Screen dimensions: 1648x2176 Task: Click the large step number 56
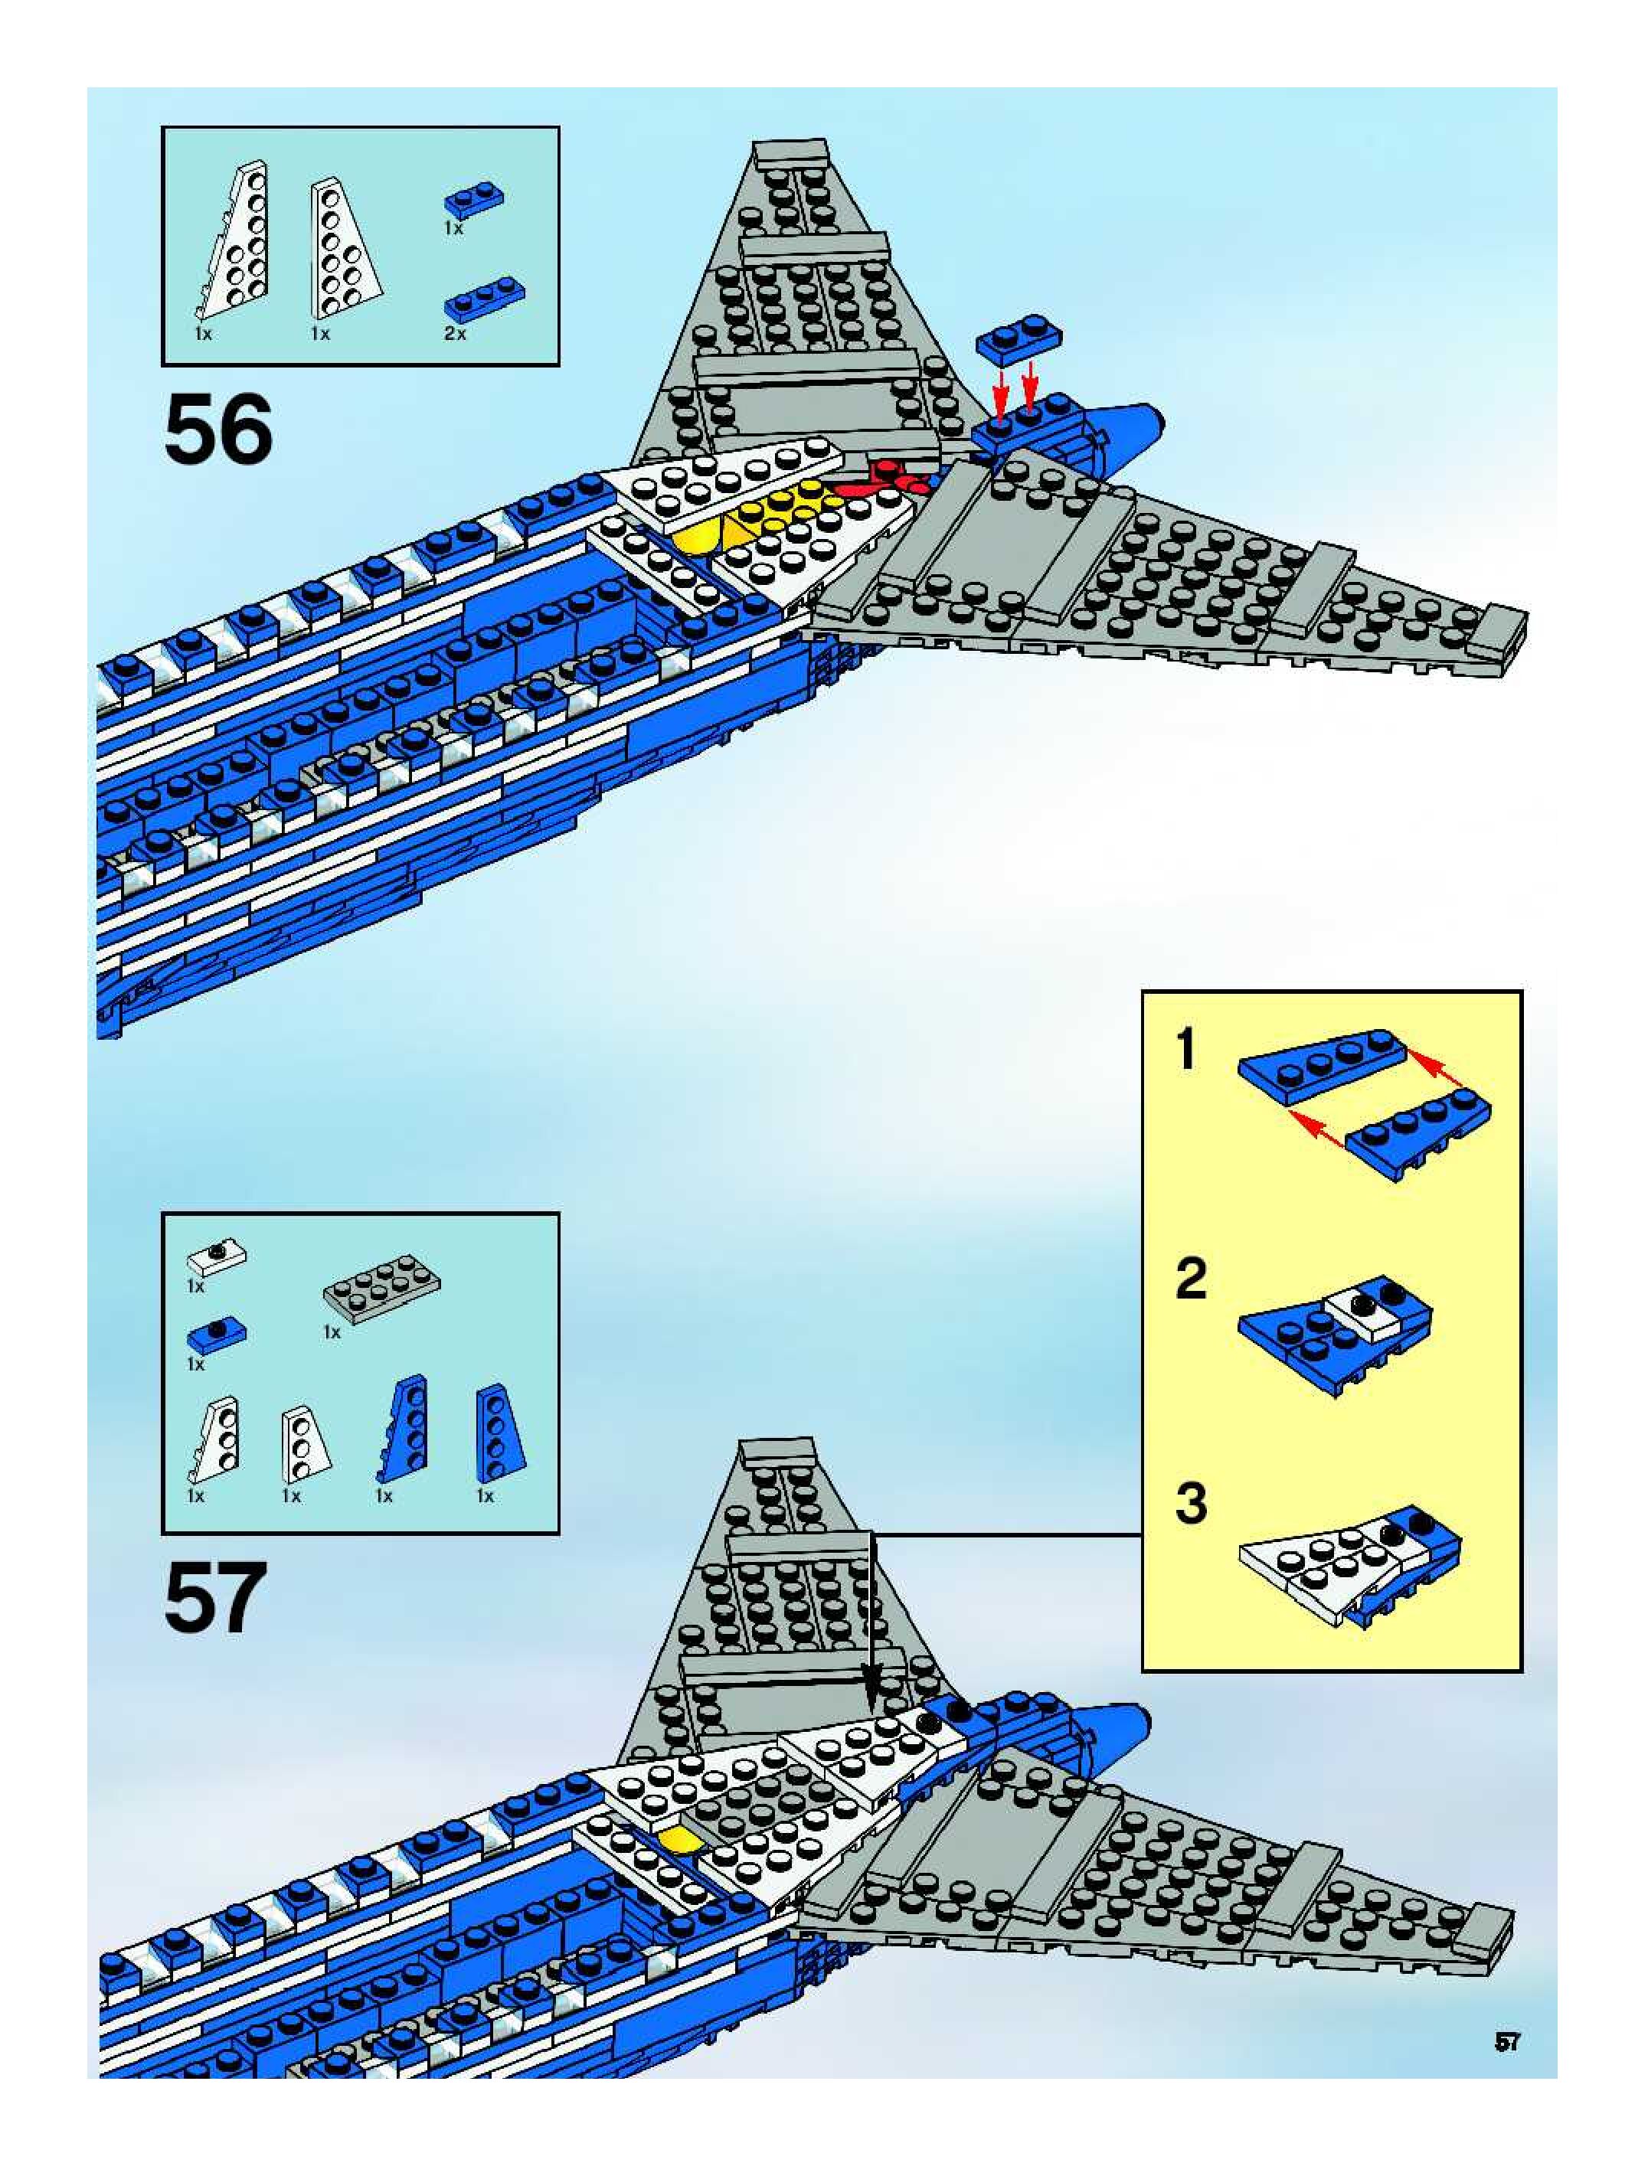[x=217, y=430]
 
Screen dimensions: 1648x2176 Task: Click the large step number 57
[x=215, y=1598]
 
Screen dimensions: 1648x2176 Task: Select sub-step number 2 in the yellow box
[x=1191, y=1278]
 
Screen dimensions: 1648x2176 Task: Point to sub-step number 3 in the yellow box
[x=1191, y=1504]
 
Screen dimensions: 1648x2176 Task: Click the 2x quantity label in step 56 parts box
[x=455, y=334]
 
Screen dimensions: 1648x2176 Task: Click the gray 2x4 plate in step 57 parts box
[x=381, y=1288]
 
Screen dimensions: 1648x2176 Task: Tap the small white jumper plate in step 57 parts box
[x=217, y=1256]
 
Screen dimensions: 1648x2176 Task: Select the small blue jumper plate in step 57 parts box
[x=217, y=1335]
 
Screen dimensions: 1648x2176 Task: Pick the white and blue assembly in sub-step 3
[x=1347, y=1563]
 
